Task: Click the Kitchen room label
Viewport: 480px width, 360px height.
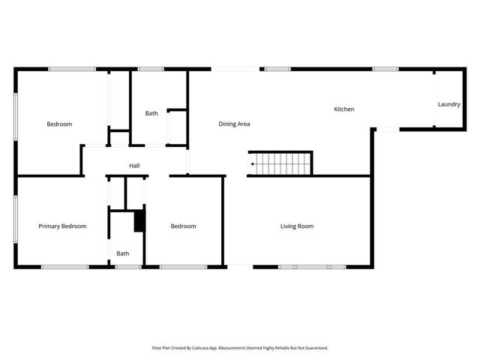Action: tap(344, 109)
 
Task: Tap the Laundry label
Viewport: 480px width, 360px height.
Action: tap(448, 104)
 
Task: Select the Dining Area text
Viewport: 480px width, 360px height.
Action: tap(234, 124)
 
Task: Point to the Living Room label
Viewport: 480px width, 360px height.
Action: tap(297, 226)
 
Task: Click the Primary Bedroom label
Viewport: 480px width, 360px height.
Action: tap(62, 226)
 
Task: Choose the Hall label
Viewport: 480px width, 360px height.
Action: tap(134, 166)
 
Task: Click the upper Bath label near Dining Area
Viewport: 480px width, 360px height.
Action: tap(151, 113)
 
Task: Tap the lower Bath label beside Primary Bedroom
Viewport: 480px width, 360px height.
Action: tap(122, 253)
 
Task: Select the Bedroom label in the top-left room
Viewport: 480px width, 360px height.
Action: tap(59, 124)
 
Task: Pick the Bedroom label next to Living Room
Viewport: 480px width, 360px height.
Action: tap(183, 226)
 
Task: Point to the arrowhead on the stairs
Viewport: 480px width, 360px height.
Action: tap(253, 163)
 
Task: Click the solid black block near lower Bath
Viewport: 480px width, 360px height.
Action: tap(138, 221)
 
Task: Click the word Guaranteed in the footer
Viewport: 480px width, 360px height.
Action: tap(315, 348)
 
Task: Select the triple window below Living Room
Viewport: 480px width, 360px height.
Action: tap(312, 266)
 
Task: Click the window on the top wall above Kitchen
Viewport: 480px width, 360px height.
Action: tap(385, 69)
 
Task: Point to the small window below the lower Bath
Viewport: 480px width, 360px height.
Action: tap(127, 266)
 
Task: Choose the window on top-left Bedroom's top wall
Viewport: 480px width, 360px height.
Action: tap(72, 69)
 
